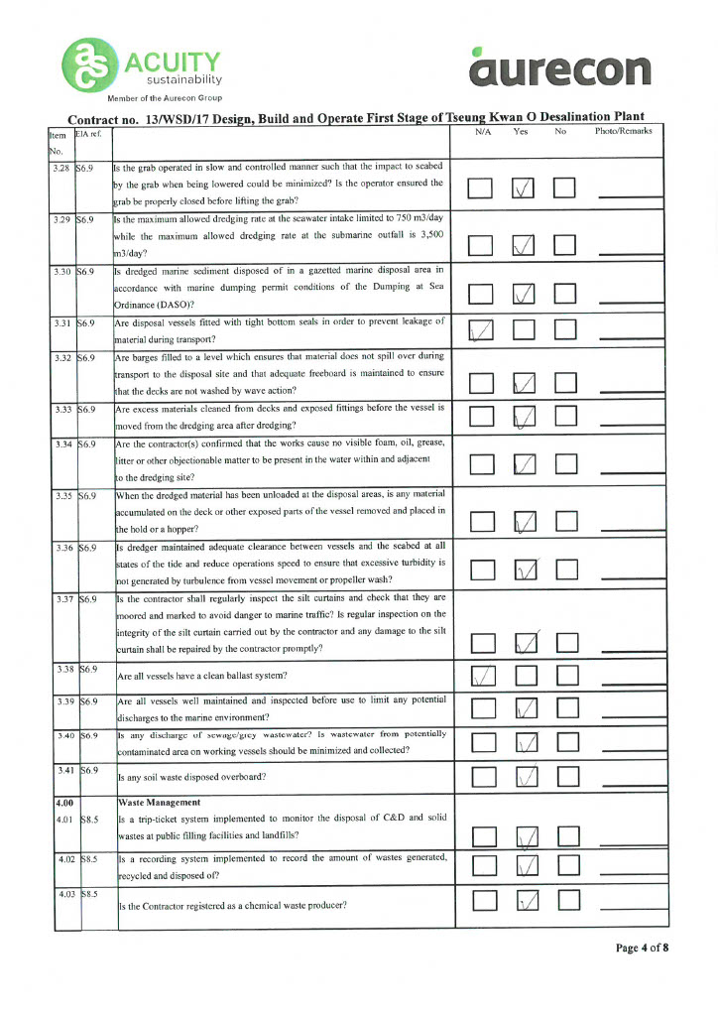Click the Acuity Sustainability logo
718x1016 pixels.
click(x=144, y=66)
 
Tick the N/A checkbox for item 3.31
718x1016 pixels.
click(x=481, y=329)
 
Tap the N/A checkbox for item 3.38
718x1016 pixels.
click(x=481, y=675)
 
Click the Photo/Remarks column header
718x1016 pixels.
click(x=623, y=131)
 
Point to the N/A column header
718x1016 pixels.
click(x=485, y=131)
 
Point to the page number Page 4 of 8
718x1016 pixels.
click(x=642, y=948)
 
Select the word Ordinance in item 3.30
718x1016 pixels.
click(x=144, y=304)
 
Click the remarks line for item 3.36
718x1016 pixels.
click(x=631, y=576)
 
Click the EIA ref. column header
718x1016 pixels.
click(x=89, y=133)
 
